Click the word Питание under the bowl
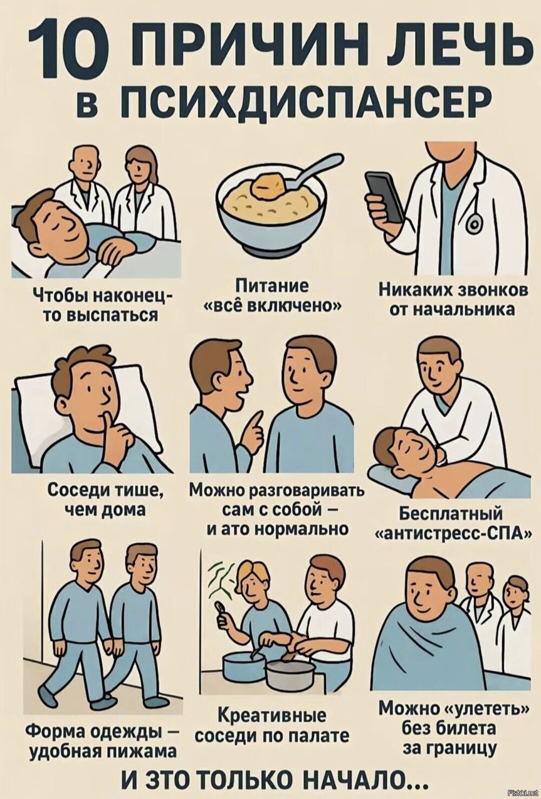272,288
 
